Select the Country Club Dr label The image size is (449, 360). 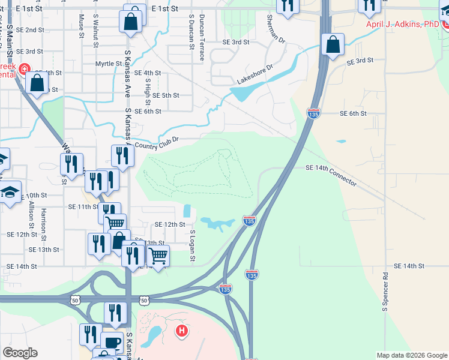(x=157, y=143)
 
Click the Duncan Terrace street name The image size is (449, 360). (x=202, y=38)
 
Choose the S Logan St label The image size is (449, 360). (x=193, y=245)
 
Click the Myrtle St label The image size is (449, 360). (x=108, y=64)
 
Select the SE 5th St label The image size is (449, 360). (x=166, y=95)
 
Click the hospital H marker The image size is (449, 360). (x=181, y=330)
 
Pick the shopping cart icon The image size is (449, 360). (x=158, y=256)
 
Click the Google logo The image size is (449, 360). (x=20, y=353)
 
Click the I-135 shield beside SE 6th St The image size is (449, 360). (x=313, y=112)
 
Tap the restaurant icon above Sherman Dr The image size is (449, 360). (x=288, y=6)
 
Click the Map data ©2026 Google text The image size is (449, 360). (x=412, y=355)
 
